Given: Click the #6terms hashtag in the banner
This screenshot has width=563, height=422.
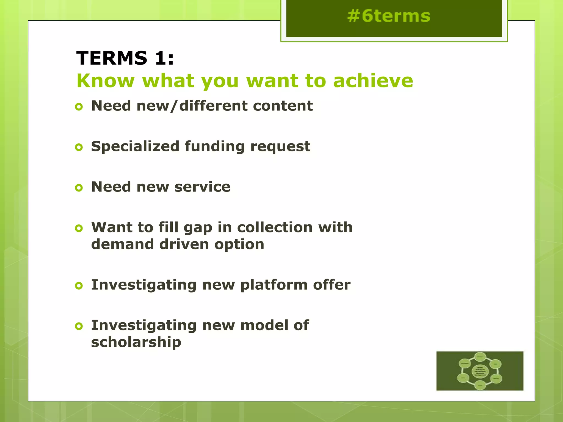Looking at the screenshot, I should coord(388,16).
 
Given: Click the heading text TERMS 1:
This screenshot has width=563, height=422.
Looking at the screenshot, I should coord(125,58).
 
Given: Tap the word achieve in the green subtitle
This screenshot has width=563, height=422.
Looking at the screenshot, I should coord(373,81).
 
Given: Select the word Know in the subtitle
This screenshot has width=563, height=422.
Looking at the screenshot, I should coord(106,81).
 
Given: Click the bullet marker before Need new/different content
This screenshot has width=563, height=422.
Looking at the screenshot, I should coord(79,107).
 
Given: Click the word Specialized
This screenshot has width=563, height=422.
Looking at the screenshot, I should coord(135,146).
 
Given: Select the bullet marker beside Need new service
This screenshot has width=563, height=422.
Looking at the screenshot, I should coord(79,188).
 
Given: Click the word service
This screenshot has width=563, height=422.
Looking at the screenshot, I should coord(202,187).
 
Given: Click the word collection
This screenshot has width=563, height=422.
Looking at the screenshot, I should coord(275,227).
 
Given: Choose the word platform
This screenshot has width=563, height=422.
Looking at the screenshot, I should coord(274,285).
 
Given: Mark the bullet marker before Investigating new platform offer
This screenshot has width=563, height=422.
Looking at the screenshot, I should coord(79,286).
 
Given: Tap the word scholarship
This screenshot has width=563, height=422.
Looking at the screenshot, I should coord(136,343).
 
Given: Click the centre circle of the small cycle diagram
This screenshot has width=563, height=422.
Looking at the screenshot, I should coord(480,371).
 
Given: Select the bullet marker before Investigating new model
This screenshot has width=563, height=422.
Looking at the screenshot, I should coord(79,326).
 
